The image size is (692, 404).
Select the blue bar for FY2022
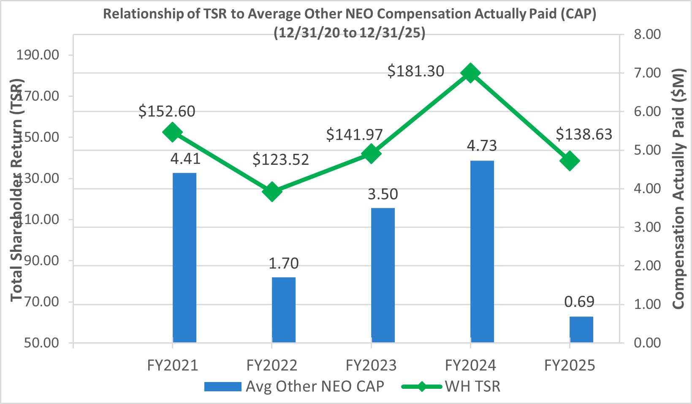point(284,309)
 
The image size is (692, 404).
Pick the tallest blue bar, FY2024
point(482,251)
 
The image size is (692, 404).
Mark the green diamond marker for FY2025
point(570,161)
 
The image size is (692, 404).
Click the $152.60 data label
point(167,112)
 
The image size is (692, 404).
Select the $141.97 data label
point(354,135)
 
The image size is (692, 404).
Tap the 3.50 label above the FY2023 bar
point(383,194)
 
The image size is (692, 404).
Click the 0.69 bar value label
point(579,302)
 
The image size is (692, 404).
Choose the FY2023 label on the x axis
point(371,365)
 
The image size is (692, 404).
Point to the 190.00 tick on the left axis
point(38,55)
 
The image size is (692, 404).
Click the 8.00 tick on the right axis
point(647,34)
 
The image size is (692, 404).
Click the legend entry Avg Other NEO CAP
point(294,386)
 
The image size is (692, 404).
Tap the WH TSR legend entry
point(451,386)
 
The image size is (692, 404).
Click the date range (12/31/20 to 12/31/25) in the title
point(350,33)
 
